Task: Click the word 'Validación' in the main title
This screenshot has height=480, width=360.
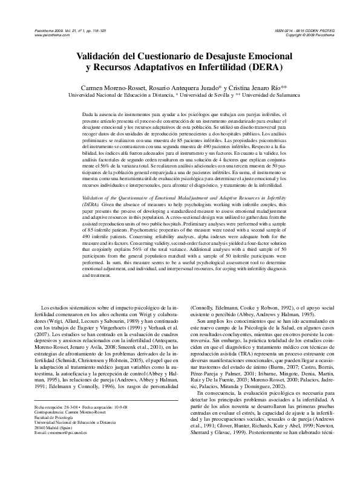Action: click(x=100, y=56)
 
